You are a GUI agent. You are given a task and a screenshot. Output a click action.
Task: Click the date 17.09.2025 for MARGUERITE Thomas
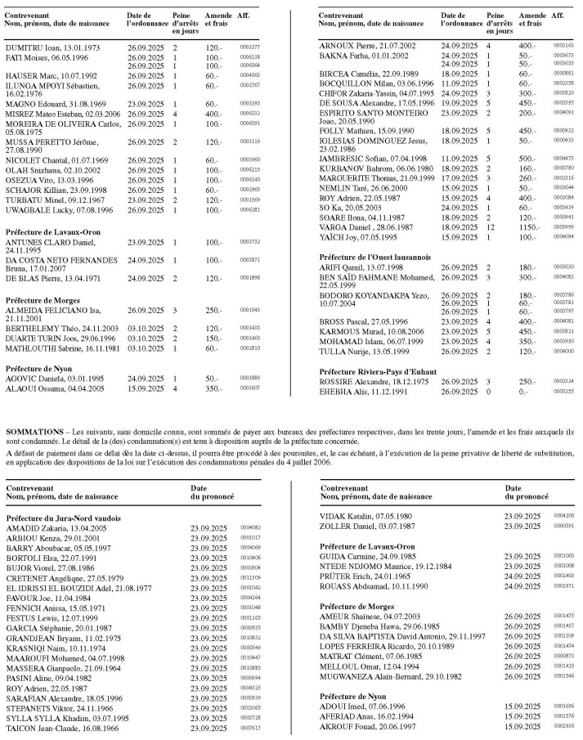click(x=459, y=154)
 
